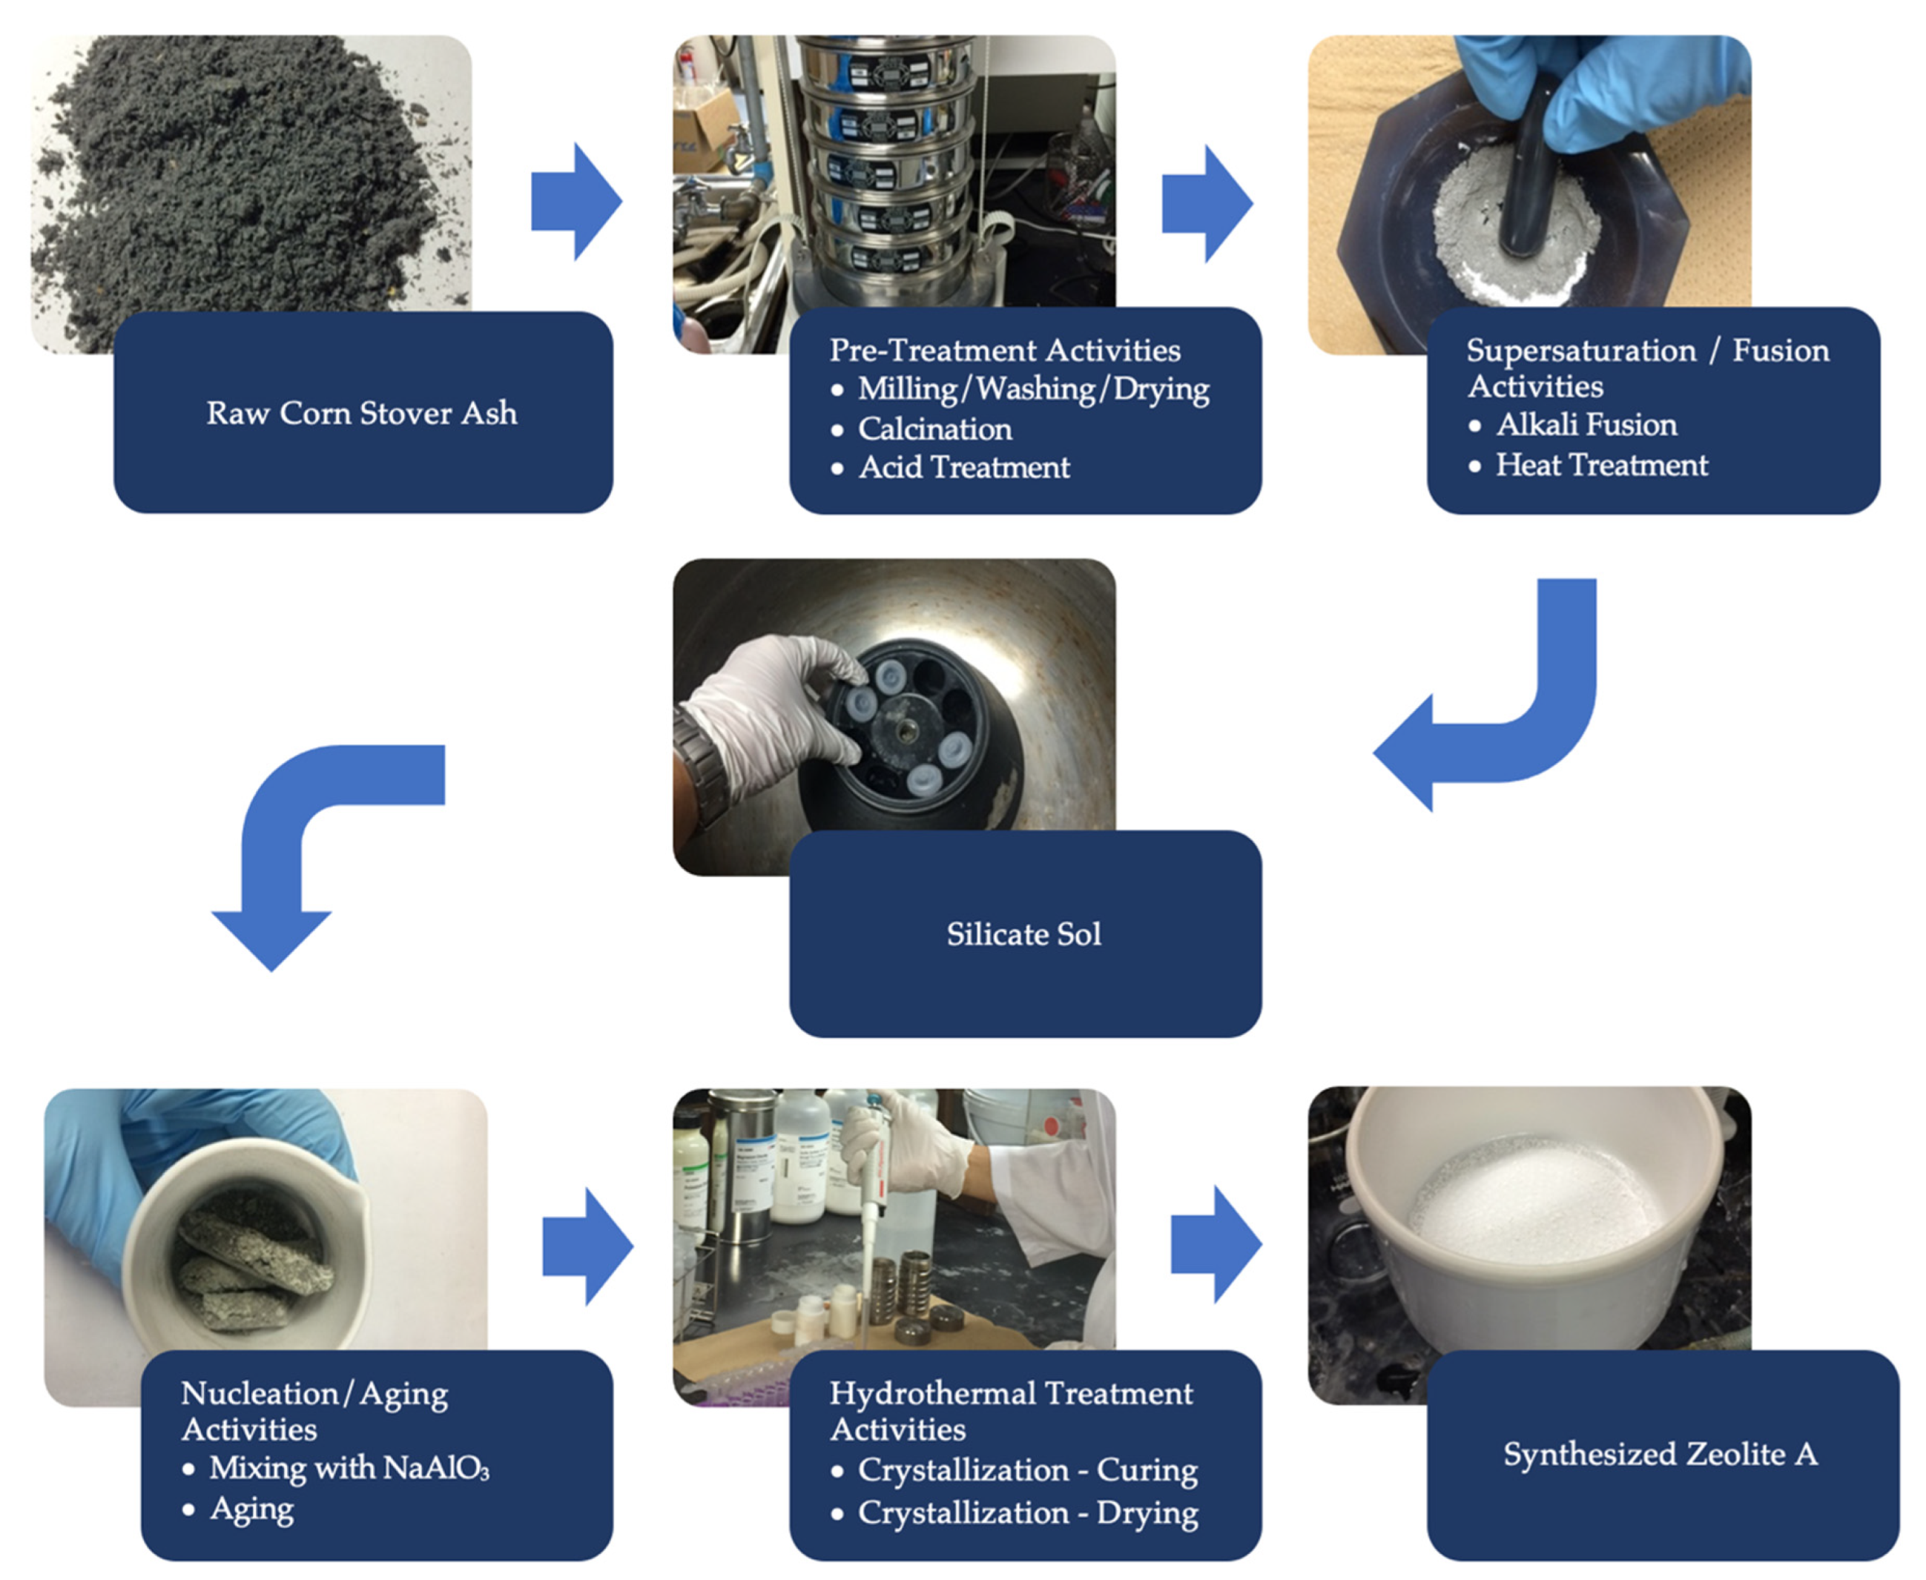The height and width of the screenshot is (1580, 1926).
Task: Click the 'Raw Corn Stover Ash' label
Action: (361, 413)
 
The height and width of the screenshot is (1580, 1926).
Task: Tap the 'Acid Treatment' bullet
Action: (964, 468)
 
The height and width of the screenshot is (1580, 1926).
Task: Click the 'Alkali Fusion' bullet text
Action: (1586, 425)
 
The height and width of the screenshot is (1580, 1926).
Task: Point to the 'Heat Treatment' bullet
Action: (1601, 465)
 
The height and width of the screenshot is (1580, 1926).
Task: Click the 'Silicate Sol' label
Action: (1024, 933)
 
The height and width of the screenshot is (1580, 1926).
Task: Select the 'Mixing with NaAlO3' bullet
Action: (349, 1468)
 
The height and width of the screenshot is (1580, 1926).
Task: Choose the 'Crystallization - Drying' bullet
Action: (1026, 1513)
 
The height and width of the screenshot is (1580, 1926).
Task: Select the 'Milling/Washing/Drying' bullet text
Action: (1033, 389)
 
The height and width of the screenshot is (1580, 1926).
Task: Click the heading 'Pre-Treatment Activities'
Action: (1004, 351)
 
